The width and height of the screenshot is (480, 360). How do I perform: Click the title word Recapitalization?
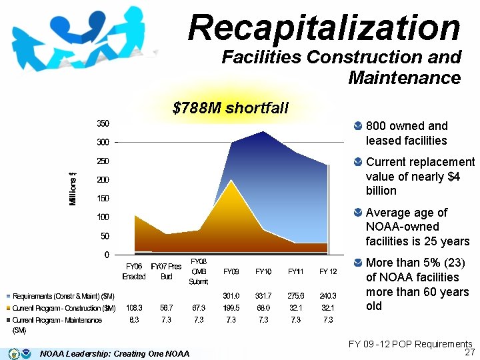coord(324,28)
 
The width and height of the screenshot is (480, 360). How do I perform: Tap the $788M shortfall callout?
coord(230,108)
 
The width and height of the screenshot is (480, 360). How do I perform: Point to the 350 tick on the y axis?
coord(103,123)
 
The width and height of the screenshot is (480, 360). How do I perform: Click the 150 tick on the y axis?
coord(103,199)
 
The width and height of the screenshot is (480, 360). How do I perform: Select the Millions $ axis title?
coord(73,189)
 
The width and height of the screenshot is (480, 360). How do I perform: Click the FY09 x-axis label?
coord(231,271)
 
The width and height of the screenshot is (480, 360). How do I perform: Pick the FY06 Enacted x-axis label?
coord(134,271)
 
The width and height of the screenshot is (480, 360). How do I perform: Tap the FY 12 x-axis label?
coord(328,271)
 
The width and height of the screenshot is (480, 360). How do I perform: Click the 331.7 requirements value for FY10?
coord(263,296)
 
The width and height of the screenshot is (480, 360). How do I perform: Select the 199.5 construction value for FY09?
coord(231,307)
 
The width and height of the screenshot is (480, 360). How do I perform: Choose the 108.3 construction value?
coord(134,307)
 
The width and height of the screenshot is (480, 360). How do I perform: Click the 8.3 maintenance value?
coord(134,319)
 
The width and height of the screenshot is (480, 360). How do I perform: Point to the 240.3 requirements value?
coord(328,296)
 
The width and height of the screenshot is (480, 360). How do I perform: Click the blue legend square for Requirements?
coord(8,296)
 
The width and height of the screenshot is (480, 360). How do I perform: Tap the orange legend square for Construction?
coord(8,308)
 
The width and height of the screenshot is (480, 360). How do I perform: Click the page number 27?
coord(469,352)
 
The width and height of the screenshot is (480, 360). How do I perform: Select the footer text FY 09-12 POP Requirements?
coord(410,344)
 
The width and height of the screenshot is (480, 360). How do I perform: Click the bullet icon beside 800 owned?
coord(357,126)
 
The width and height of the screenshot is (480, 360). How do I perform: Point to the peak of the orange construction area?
coord(231,180)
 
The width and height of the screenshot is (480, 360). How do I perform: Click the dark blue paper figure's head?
coord(97,19)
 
